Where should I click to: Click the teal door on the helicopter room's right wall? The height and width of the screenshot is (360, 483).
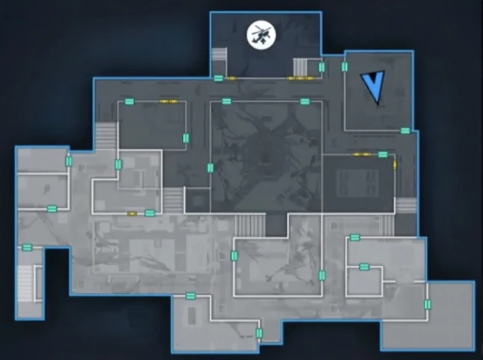point(322,67)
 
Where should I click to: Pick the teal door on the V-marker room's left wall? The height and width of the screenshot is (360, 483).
point(344,67)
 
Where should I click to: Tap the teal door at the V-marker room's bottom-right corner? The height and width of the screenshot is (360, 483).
point(405,131)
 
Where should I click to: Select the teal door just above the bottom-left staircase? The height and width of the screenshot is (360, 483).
point(27,247)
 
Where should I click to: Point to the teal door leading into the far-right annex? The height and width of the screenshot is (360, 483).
point(427,304)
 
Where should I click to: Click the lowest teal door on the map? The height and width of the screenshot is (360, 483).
point(259,333)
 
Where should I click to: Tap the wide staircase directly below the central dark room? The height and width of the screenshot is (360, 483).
point(250,224)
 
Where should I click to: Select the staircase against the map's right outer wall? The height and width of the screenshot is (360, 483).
point(405,205)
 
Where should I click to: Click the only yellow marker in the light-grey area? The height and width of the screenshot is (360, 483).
point(132,214)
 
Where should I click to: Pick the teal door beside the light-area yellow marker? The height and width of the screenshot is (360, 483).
point(149,214)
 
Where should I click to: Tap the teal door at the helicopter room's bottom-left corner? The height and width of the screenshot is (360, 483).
point(218,78)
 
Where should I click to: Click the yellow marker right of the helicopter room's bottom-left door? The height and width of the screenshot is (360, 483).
point(231,78)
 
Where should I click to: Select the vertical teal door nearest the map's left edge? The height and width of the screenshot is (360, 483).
point(69,161)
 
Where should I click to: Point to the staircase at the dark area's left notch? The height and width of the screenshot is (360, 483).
point(106,138)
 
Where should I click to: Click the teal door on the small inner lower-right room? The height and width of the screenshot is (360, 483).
point(364,267)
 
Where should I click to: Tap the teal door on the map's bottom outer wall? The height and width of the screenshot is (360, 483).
point(190,296)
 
